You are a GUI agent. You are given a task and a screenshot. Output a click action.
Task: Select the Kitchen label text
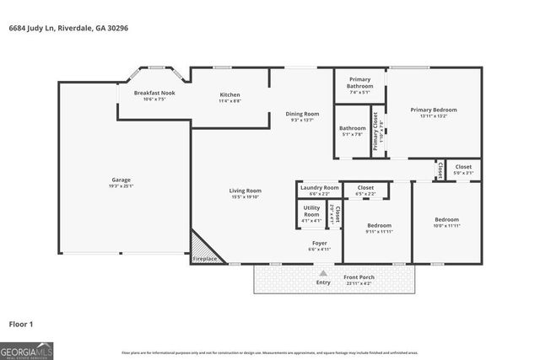pyautogui.click(x=230, y=94)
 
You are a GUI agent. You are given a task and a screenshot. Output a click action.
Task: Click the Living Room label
pyautogui.click(x=246, y=191)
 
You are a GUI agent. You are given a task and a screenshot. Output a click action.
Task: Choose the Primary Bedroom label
pyautogui.click(x=434, y=110)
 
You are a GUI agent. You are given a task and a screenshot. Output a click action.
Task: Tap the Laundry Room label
pyautogui.click(x=319, y=187)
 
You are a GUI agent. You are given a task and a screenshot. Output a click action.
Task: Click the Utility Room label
pyautogui.click(x=311, y=212)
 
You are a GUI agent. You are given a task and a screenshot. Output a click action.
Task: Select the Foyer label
pyautogui.click(x=319, y=243)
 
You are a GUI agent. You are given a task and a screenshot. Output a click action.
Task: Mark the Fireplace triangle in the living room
pyautogui.click(x=203, y=250)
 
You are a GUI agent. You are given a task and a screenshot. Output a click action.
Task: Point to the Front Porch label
pyautogui.click(x=359, y=277)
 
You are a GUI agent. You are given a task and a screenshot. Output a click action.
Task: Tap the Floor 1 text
pyautogui.click(x=21, y=323)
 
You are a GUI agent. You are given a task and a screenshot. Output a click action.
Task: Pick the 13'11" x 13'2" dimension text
pyautogui.click(x=434, y=116)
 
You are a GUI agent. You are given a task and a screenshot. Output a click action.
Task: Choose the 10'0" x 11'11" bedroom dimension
pyautogui.click(x=446, y=225)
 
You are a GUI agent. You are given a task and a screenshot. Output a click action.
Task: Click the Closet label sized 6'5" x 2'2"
pyautogui.click(x=366, y=193)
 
